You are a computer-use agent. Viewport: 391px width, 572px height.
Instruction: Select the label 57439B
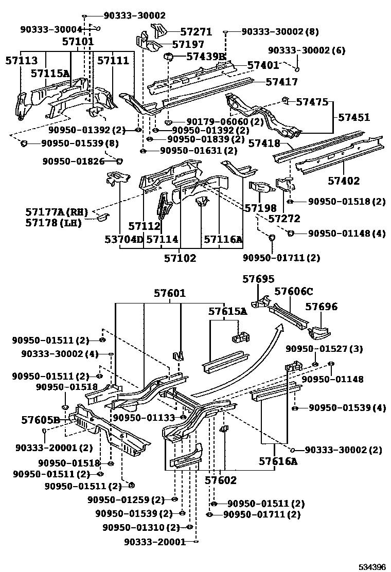pyautogui.click(x=206, y=57)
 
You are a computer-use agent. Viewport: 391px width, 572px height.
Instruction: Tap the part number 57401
pyautogui.click(x=263, y=65)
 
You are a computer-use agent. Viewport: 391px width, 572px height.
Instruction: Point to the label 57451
pyautogui.click(x=354, y=118)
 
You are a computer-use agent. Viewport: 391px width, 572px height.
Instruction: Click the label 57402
pyautogui.click(x=344, y=181)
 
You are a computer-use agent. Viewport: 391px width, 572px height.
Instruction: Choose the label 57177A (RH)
pyautogui.click(x=57, y=212)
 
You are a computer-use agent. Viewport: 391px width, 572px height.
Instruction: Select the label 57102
pyautogui.click(x=180, y=258)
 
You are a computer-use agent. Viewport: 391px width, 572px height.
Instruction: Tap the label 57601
pyautogui.click(x=170, y=293)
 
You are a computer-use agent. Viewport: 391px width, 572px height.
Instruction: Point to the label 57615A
pyautogui.click(x=227, y=311)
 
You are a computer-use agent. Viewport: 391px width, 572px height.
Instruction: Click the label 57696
pyautogui.click(x=322, y=307)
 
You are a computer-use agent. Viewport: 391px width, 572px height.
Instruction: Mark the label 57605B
pyautogui.click(x=42, y=420)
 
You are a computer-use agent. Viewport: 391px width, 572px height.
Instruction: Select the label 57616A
pyautogui.click(x=278, y=461)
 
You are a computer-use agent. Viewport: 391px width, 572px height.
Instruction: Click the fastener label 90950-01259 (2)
pyautogui.click(x=126, y=499)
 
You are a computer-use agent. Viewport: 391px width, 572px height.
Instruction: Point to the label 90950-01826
pyautogui.click(x=74, y=162)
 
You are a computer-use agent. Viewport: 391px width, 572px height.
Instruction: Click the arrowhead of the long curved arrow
pyautogui.click(x=280, y=327)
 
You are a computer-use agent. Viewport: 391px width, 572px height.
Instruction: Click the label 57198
pyautogui.click(x=260, y=208)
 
